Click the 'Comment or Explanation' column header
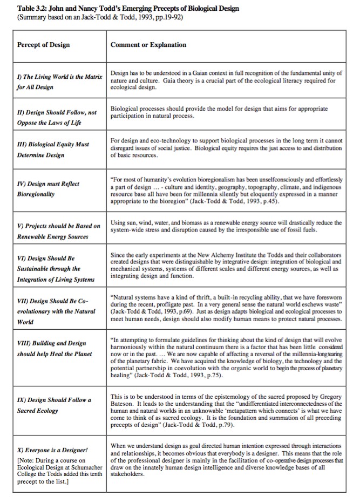point(148,45)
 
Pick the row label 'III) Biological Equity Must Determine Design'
point(51,149)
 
